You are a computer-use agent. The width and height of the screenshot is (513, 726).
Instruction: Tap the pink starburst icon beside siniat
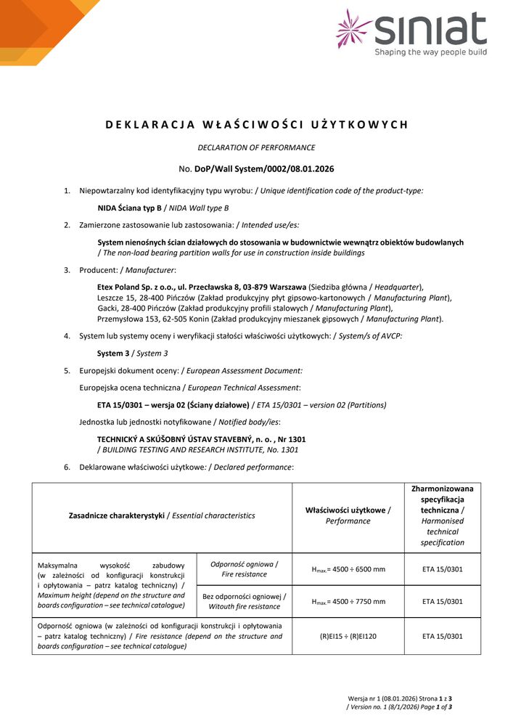(354, 28)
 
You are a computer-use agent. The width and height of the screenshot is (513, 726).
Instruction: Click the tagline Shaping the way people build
(430, 52)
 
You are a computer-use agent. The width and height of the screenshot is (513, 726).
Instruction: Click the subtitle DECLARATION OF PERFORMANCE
(256, 147)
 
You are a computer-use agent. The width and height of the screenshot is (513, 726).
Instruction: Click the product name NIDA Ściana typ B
(129, 208)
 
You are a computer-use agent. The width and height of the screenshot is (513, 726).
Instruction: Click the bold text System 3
(114, 354)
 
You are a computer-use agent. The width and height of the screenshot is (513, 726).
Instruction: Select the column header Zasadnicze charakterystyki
(117, 515)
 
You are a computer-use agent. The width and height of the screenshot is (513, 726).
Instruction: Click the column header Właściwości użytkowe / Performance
(348, 515)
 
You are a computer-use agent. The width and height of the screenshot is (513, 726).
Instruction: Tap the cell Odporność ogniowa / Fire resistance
(244, 569)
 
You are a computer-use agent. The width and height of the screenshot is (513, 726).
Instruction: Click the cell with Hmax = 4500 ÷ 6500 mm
(348, 569)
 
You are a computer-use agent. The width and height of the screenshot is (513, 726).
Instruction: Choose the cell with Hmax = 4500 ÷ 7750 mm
(348, 601)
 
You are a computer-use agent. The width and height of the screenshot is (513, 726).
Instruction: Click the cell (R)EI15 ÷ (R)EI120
(348, 636)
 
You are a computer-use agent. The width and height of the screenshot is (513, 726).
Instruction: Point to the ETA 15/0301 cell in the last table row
(442, 636)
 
